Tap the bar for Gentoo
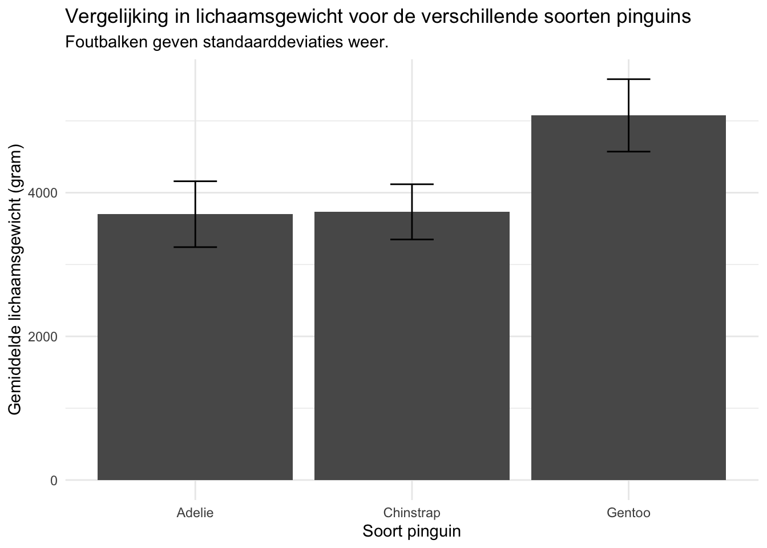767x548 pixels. (628, 320)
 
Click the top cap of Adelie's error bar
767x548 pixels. (195, 181)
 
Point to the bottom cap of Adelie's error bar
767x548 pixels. (195, 247)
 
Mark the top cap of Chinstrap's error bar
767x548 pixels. (411, 184)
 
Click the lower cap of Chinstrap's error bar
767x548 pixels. (411, 239)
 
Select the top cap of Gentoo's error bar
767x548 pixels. (628, 79)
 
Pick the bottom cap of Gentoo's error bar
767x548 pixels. (628, 152)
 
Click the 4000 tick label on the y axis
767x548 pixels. (46, 193)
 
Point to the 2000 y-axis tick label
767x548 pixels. (46, 337)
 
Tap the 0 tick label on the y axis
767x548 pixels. (54, 481)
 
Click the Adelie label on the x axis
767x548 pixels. (195, 513)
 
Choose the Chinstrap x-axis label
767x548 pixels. (411, 513)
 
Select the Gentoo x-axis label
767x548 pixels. (628, 513)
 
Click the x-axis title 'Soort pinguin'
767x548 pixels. (411, 531)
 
